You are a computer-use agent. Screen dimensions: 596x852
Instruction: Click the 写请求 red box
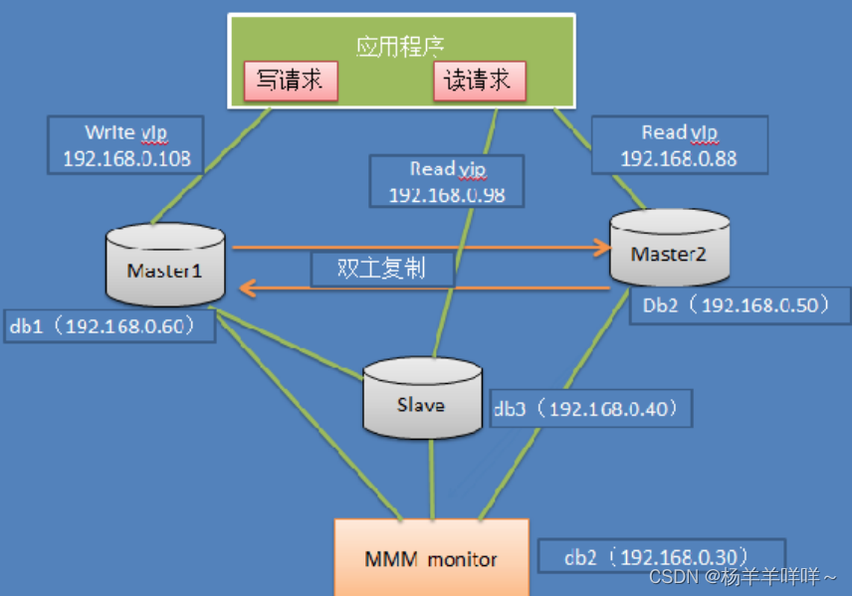pyautogui.click(x=291, y=81)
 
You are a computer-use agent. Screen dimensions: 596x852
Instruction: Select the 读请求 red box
pyautogui.click(x=478, y=81)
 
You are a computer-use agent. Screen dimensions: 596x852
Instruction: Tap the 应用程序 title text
pyautogui.click(x=400, y=46)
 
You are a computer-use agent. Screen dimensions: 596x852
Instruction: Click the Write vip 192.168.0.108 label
pyautogui.click(x=124, y=145)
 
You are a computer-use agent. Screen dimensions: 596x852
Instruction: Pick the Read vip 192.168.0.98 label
pyautogui.click(x=446, y=181)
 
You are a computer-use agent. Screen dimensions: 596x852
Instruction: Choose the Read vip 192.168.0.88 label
pyautogui.click(x=679, y=145)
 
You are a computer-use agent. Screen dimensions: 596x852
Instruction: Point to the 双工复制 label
pyautogui.click(x=381, y=269)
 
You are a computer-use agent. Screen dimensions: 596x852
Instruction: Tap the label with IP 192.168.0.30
pyautogui.click(x=661, y=555)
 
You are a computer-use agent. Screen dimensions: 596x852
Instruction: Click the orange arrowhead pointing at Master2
pyautogui.click(x=601, y=246)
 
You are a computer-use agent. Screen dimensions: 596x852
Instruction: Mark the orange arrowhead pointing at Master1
pyautogui.click(x=245, y=289)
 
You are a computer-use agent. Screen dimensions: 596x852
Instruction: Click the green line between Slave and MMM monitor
pyautogui.click(x=430, y=478)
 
